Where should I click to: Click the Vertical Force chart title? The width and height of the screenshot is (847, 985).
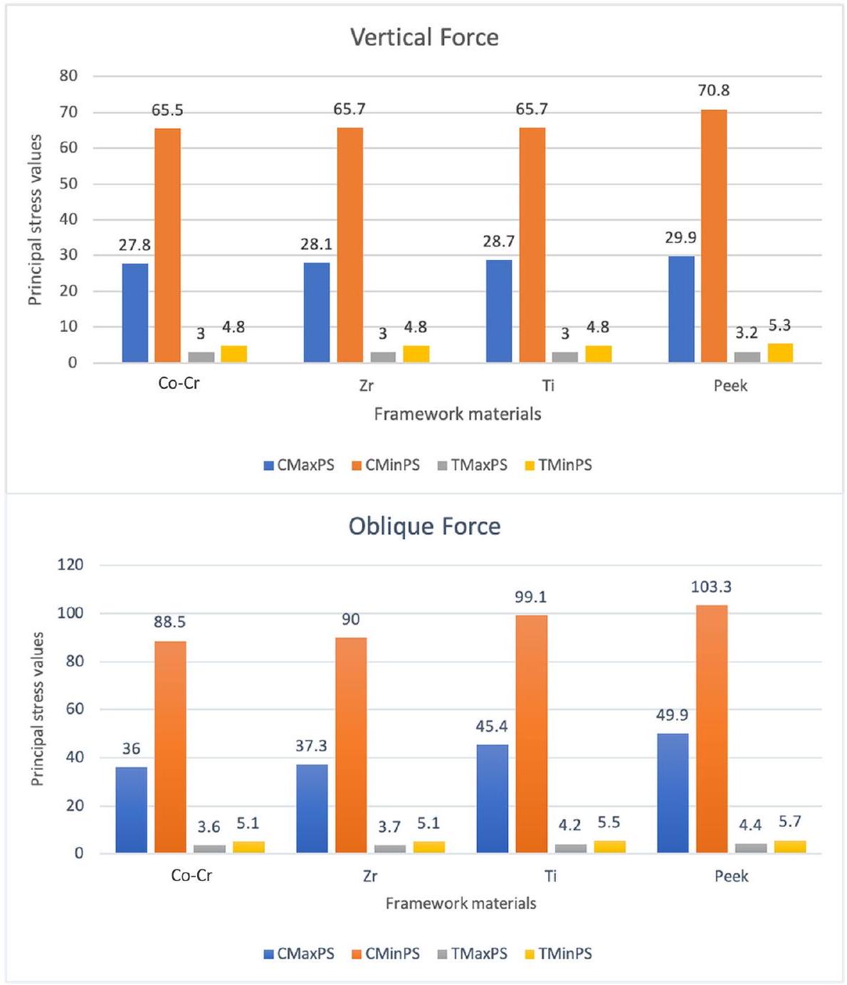(424, 37)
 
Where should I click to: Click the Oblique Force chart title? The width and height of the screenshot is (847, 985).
(424, 526)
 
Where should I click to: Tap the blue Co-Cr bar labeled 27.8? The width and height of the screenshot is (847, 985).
(135, 313)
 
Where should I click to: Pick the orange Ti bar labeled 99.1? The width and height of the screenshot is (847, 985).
(531, 734)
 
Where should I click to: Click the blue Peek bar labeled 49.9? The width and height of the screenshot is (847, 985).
(673, 793)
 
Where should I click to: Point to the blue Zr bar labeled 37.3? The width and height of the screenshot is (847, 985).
(312, 808)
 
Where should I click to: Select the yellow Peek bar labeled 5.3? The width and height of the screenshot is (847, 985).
(780, 353)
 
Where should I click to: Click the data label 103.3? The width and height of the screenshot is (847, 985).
(711, 587)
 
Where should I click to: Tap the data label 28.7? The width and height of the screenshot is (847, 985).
(498, 241)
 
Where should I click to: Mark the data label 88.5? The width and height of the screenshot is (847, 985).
(169, 622)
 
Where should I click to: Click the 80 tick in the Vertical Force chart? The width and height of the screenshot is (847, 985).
(68, 75)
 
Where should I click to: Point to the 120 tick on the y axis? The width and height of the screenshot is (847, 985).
(70, 565)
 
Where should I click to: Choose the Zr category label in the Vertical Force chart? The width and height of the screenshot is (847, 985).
(367, 385)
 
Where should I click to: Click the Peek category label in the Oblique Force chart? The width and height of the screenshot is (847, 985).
(731, 875)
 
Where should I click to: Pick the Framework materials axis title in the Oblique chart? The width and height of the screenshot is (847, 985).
(461, 903)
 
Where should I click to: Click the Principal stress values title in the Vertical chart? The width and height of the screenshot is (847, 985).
(35, 219)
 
